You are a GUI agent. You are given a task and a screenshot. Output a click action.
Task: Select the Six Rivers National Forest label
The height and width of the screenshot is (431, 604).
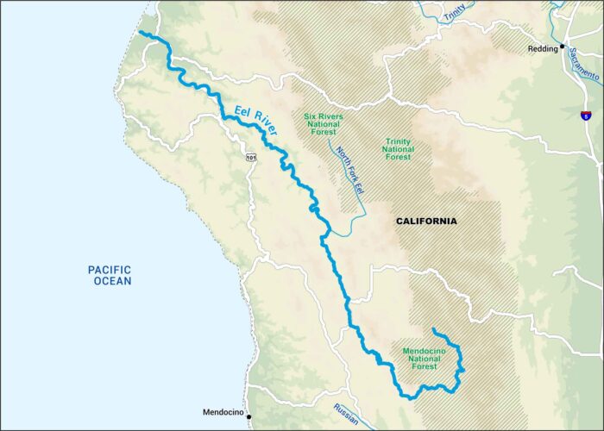[x=324, y=125]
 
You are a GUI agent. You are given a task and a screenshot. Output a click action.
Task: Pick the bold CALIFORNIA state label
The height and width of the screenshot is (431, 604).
[x=426, y=222]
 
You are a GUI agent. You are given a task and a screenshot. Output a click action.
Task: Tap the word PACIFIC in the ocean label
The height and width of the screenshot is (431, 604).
[x=110, y=270]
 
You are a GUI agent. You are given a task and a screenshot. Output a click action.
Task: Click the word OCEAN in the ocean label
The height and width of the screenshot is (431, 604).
[x=110, y=281]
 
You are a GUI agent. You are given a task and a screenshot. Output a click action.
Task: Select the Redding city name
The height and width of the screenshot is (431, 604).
[x=544, y=49]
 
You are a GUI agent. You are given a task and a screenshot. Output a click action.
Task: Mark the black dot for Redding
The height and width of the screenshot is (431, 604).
[x=563, y=46]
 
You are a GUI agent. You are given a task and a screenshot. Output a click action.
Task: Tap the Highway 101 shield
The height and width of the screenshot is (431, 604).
[x=250, y=157]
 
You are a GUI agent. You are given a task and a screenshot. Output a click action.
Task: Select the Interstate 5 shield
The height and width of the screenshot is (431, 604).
[x=587, y=115]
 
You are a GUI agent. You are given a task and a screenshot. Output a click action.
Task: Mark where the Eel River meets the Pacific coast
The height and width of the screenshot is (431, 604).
[x=141, y=34]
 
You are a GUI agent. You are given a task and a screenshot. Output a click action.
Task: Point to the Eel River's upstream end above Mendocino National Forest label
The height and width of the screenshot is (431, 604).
[x=433, y=330]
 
